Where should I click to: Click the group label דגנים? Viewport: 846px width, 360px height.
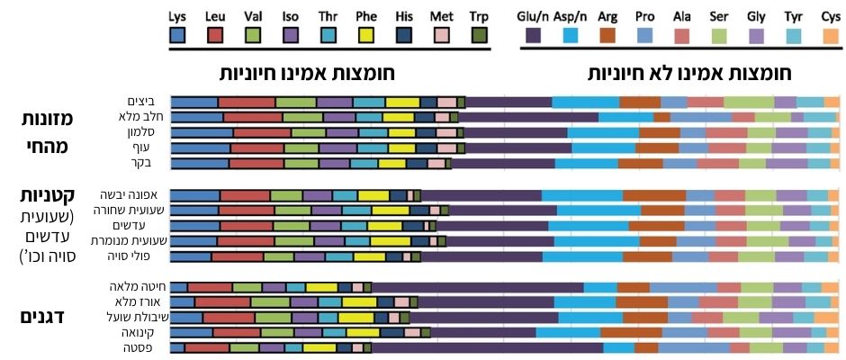43,317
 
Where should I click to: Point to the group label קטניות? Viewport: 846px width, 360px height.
43,197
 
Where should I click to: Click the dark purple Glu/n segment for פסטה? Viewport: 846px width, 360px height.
487,347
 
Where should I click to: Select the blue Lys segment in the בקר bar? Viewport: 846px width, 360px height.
199,163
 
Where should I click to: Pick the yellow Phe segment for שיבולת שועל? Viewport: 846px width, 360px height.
357,317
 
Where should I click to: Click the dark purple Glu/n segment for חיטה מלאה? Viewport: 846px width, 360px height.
477,287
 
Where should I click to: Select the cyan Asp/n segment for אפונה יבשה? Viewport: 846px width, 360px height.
581,195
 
